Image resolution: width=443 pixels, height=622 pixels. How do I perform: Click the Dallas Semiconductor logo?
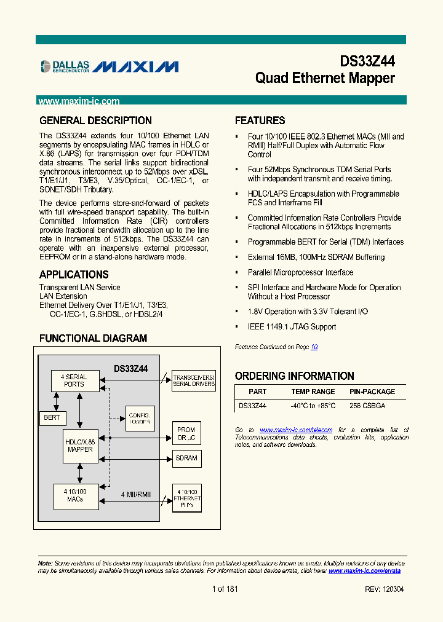click(x=65, y=66)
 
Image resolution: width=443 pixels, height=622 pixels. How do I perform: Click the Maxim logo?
click(x=136, y=66)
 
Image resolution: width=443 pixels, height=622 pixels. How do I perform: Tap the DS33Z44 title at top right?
click(x=367, y=61)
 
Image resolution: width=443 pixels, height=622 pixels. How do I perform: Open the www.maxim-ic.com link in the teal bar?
click(x=79, y=101)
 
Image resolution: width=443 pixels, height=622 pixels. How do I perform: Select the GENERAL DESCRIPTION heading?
click(x=95, y=120)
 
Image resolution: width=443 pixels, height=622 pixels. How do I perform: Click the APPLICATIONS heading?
click(x=74, y=275)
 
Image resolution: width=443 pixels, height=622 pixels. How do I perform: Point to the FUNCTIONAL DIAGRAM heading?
click(x=93, y=338)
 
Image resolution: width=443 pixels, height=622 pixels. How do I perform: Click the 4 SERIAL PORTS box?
click(x=74, y=380)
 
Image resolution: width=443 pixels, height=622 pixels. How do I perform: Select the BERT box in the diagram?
click(x=52, y=417)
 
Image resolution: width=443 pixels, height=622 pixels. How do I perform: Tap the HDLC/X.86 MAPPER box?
click(x=80, y=446)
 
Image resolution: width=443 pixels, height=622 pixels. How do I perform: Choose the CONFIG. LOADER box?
click(x=140, y=419)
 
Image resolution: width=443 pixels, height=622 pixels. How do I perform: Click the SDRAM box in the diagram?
click(x=186, y=458)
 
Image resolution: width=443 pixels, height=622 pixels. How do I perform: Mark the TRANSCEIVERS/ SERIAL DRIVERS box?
click(x=194, y=380)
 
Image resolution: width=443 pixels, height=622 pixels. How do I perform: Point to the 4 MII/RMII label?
click(x=136, y=495)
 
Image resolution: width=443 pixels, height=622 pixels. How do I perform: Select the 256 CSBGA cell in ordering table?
click(x=367, y=406)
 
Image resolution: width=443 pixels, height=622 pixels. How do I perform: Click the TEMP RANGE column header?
click(x=313, y=392)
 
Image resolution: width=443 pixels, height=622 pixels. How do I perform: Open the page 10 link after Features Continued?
click(x=314, y=347)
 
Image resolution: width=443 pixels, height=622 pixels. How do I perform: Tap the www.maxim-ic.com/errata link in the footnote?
click(x=364, y=571)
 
